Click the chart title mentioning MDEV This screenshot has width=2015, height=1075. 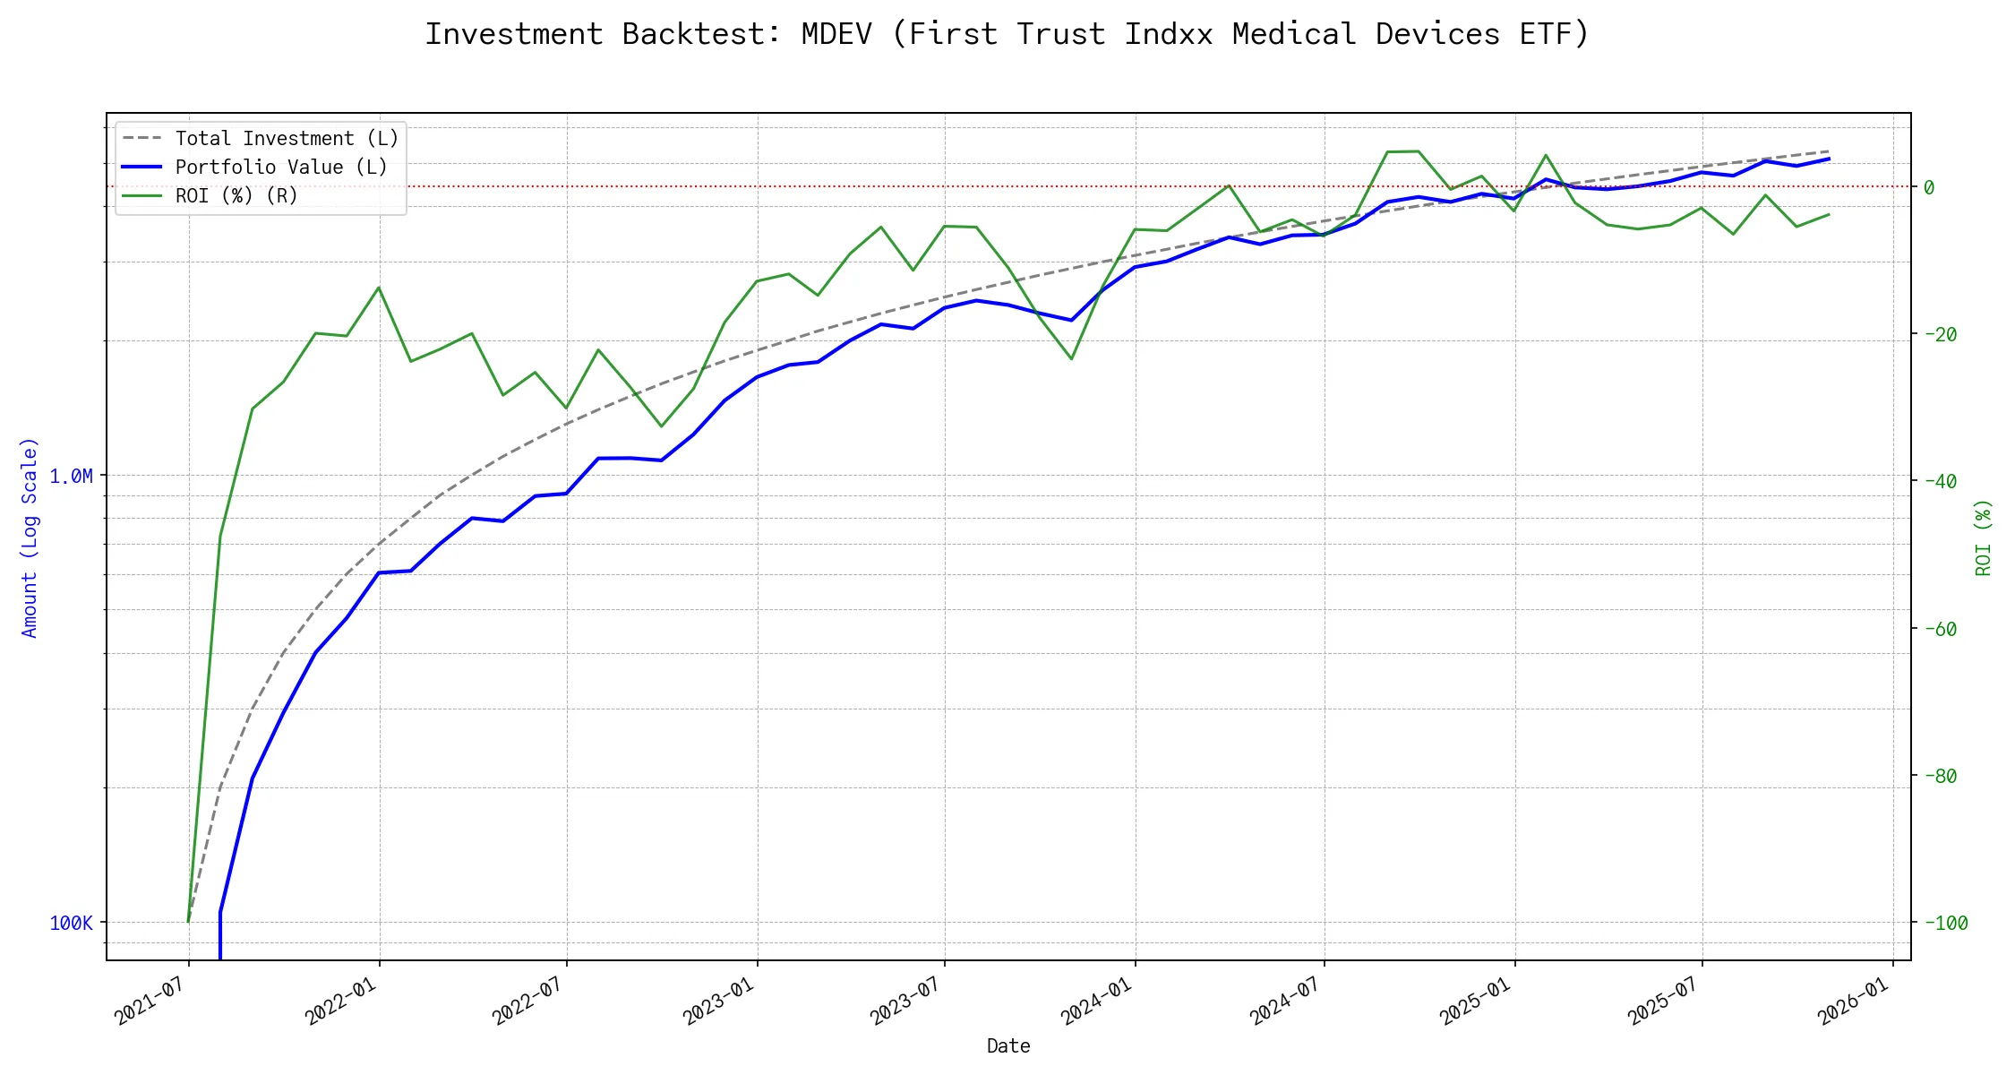tap(1007, 34)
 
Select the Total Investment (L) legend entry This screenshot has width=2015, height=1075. tap(287, 139)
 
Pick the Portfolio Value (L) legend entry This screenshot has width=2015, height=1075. tap(281, 168)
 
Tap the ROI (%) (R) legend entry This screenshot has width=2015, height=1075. tap(236, 196)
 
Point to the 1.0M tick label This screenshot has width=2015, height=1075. tap(72, 477)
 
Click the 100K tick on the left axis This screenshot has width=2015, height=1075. tap(72, 924)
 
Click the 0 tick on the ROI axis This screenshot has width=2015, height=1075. tap(1929, 187)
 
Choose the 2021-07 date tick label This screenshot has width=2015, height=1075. tap(150, 1001)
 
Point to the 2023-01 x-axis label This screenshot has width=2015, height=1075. tap(719, 1001)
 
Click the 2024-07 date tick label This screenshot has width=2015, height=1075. tap(1286, 1001)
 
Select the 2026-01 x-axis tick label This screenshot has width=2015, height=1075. tap(1854, 1001)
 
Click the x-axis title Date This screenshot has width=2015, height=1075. tap(1008, 1046)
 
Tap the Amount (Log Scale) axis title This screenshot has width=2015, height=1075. tap(30, 537)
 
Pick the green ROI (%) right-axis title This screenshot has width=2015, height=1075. tap(1984, 537)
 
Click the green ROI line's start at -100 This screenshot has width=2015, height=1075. tap(188, 922)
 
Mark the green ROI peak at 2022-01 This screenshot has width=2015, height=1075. tap(379, 288)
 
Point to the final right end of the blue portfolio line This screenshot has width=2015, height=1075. tap(1829, 159)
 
